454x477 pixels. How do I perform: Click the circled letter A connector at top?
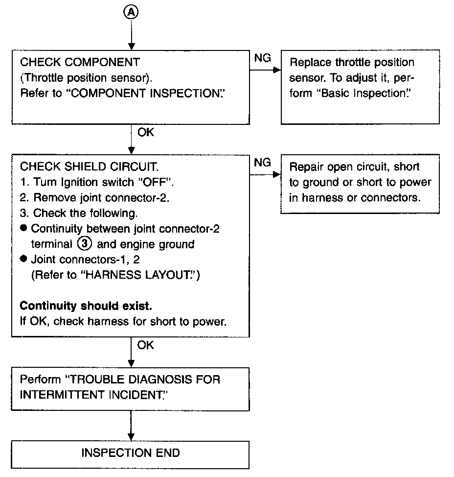[x=131, y=12]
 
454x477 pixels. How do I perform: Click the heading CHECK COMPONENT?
[x=80, y=62]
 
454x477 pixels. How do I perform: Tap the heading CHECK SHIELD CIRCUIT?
[x=89, y=167]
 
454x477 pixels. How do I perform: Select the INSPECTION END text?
[x=131, y=453]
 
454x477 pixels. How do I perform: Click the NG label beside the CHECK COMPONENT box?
[x=262, y=58]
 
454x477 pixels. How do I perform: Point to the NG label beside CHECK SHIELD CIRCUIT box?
[x=262, y=163]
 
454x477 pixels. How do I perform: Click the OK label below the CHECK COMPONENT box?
[x=146, y=132]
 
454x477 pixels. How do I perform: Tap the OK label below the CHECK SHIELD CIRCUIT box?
[x=145, y=345]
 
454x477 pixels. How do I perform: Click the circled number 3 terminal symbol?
[x=85, y=244]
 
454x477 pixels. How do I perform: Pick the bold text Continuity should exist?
[x=86, y=306]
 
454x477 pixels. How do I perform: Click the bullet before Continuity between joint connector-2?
[x=23, y=228]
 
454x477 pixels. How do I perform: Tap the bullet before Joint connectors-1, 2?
[x=23, y=259]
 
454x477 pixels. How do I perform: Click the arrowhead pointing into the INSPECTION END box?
[x=131, y=437]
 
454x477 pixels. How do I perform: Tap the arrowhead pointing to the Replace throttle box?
[x=277, y=70]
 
